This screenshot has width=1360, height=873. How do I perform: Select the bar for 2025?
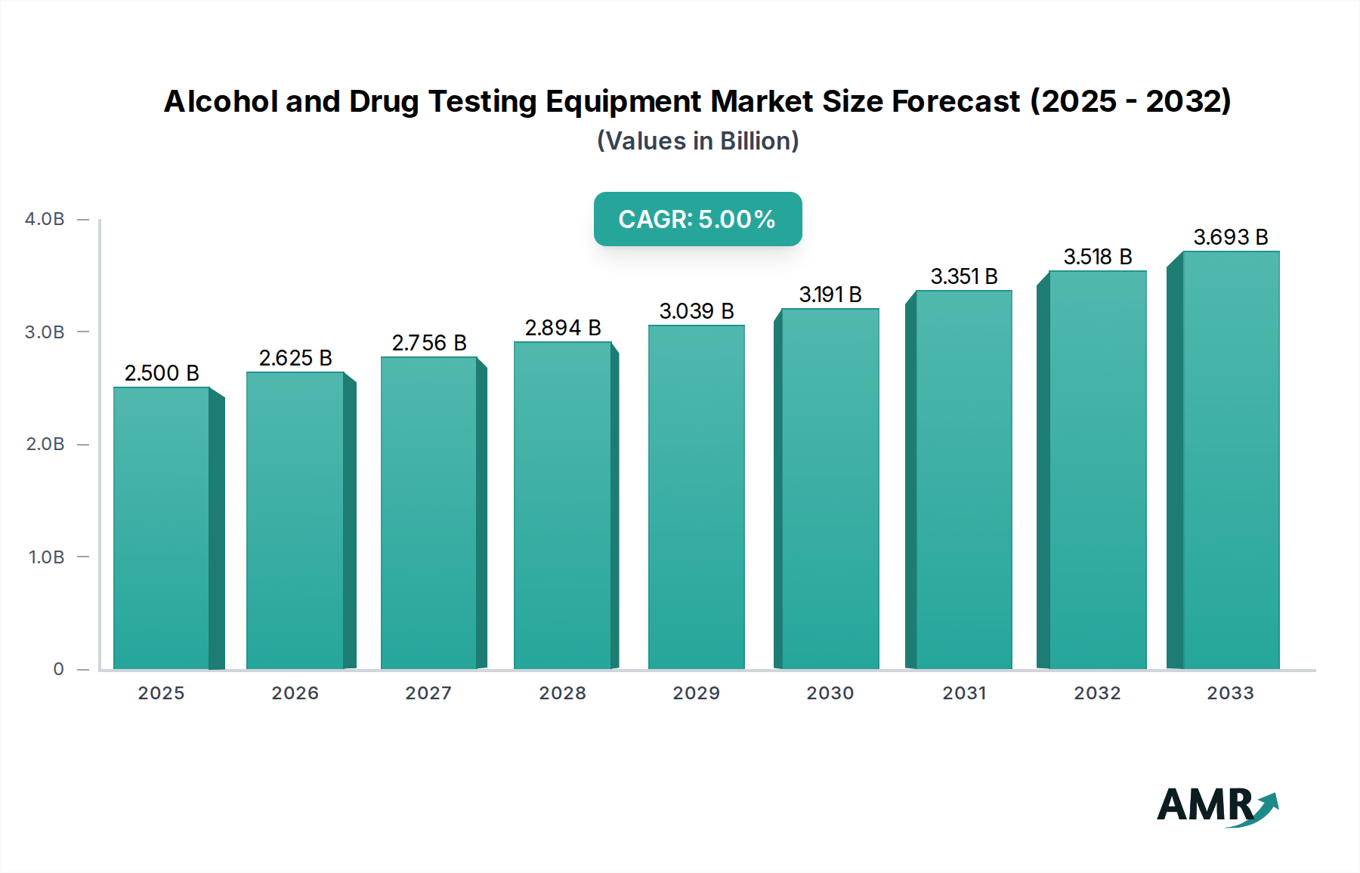[x=162, y=529]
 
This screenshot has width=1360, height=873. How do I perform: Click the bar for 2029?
[x=696, y=498]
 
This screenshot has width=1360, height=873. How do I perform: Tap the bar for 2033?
[x=1230, y=461]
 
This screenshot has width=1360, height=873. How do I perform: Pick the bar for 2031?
[x=963, y=480]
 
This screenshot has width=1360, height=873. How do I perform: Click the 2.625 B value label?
[x=295, y=358]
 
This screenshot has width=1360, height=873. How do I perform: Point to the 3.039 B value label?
[x=696, y=311]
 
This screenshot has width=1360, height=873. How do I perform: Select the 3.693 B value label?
[x=1230, y=237]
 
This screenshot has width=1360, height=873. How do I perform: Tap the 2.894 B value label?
[x=563, y=328]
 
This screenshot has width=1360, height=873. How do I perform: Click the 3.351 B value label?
[x=963, y=276]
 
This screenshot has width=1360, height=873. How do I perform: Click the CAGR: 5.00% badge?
[x=697, y=219]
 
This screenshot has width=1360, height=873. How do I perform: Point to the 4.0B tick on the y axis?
[x=45, y=219]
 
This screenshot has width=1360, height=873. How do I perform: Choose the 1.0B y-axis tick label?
[x=46, y=557]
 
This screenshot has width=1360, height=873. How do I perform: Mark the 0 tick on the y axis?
[x=58, y=669]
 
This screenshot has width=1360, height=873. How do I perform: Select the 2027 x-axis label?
[x=428, y=693]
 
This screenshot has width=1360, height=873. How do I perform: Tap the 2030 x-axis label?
[x=830, y=693]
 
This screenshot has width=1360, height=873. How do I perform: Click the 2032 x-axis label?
[x=1097, y=693]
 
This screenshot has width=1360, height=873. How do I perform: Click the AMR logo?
[x=1217, y=806]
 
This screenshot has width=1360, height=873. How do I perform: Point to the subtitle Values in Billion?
[x=697, y=141]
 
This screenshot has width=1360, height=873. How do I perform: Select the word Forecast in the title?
[x=955, y=101]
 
